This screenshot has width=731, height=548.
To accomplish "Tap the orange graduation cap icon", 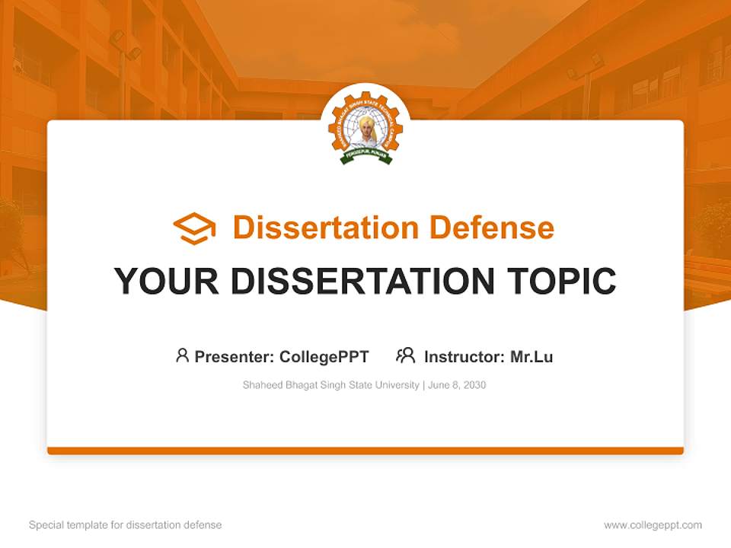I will [x=194, y=228].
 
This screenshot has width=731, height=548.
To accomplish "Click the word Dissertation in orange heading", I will [x=325, y=228].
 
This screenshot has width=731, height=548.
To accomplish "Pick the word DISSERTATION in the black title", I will [x=362, y=281].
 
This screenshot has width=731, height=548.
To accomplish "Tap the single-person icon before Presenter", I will [x=182, y=355].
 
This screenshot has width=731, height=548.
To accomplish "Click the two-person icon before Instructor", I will [x=405, y=355].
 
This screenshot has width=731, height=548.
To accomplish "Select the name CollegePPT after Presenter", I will [x=324, y=356].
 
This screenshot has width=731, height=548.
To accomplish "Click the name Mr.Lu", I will [x=531, y=356].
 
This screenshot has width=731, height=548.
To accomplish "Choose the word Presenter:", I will [x=235, y=356].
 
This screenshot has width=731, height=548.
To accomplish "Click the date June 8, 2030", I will [x=457, y=385].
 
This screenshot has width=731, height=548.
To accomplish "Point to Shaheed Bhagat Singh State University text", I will [x=330, y=385].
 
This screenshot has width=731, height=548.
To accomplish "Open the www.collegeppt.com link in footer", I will [x=653, y=525].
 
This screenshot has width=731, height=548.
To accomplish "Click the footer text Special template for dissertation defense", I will [x=126, y=525].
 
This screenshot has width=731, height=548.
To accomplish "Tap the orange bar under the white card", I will [x=365, y=451].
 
